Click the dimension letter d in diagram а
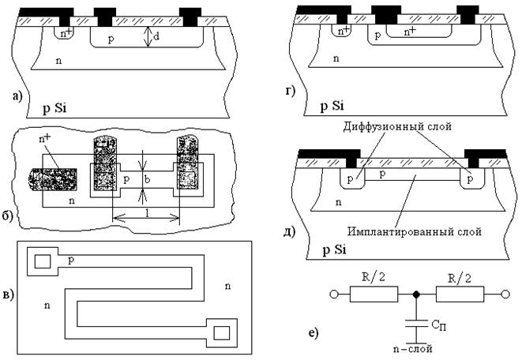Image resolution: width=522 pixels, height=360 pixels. [156, 36]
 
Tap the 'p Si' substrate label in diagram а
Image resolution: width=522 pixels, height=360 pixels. [55, 108]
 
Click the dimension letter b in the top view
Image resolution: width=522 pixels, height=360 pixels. [147, 180]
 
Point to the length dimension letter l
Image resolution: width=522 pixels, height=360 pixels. [147, 212]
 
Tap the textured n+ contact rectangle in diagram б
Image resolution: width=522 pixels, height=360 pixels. [53, 180]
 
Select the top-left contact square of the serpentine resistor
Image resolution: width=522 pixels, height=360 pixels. [43, 261]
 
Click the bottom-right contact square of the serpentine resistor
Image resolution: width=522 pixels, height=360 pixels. [221, 332]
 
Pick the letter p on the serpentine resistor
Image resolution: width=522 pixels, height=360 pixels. [70, 261]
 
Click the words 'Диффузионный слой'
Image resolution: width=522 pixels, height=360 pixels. [397, 126]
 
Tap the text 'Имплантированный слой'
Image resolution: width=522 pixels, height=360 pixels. [415, 231]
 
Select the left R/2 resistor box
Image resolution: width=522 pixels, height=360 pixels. [374, 294]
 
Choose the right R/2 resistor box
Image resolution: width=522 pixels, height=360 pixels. [460, 294]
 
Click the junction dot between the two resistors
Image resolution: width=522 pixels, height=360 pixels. [416, 294]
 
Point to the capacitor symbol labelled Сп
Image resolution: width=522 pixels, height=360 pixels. [416, 323]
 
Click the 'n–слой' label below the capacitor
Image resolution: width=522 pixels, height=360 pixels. [413, 349]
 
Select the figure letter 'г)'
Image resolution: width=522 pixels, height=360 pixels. [291, 91]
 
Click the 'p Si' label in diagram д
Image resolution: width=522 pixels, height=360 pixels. [335, 249]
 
